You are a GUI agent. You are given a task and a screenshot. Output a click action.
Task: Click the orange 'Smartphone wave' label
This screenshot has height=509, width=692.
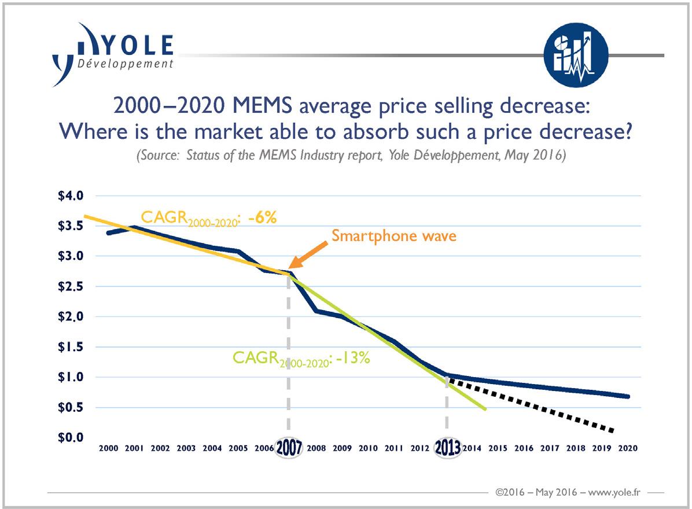[394, 236]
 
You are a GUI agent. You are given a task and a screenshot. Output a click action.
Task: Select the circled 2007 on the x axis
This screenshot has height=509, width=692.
[288, 448]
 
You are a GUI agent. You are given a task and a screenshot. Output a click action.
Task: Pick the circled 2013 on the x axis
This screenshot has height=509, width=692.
[447, 448]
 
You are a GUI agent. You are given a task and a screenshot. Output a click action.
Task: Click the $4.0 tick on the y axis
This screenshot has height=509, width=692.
[71, 196]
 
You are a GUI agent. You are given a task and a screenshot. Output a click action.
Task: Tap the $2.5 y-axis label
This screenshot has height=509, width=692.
[71, 286]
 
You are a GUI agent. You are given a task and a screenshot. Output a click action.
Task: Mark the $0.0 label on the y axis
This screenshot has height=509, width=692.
[71, 437]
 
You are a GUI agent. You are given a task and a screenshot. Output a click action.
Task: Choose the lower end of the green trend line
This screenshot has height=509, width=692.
[485, 409]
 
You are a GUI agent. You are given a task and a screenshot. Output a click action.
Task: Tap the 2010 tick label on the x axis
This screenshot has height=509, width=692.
[368, 448]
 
